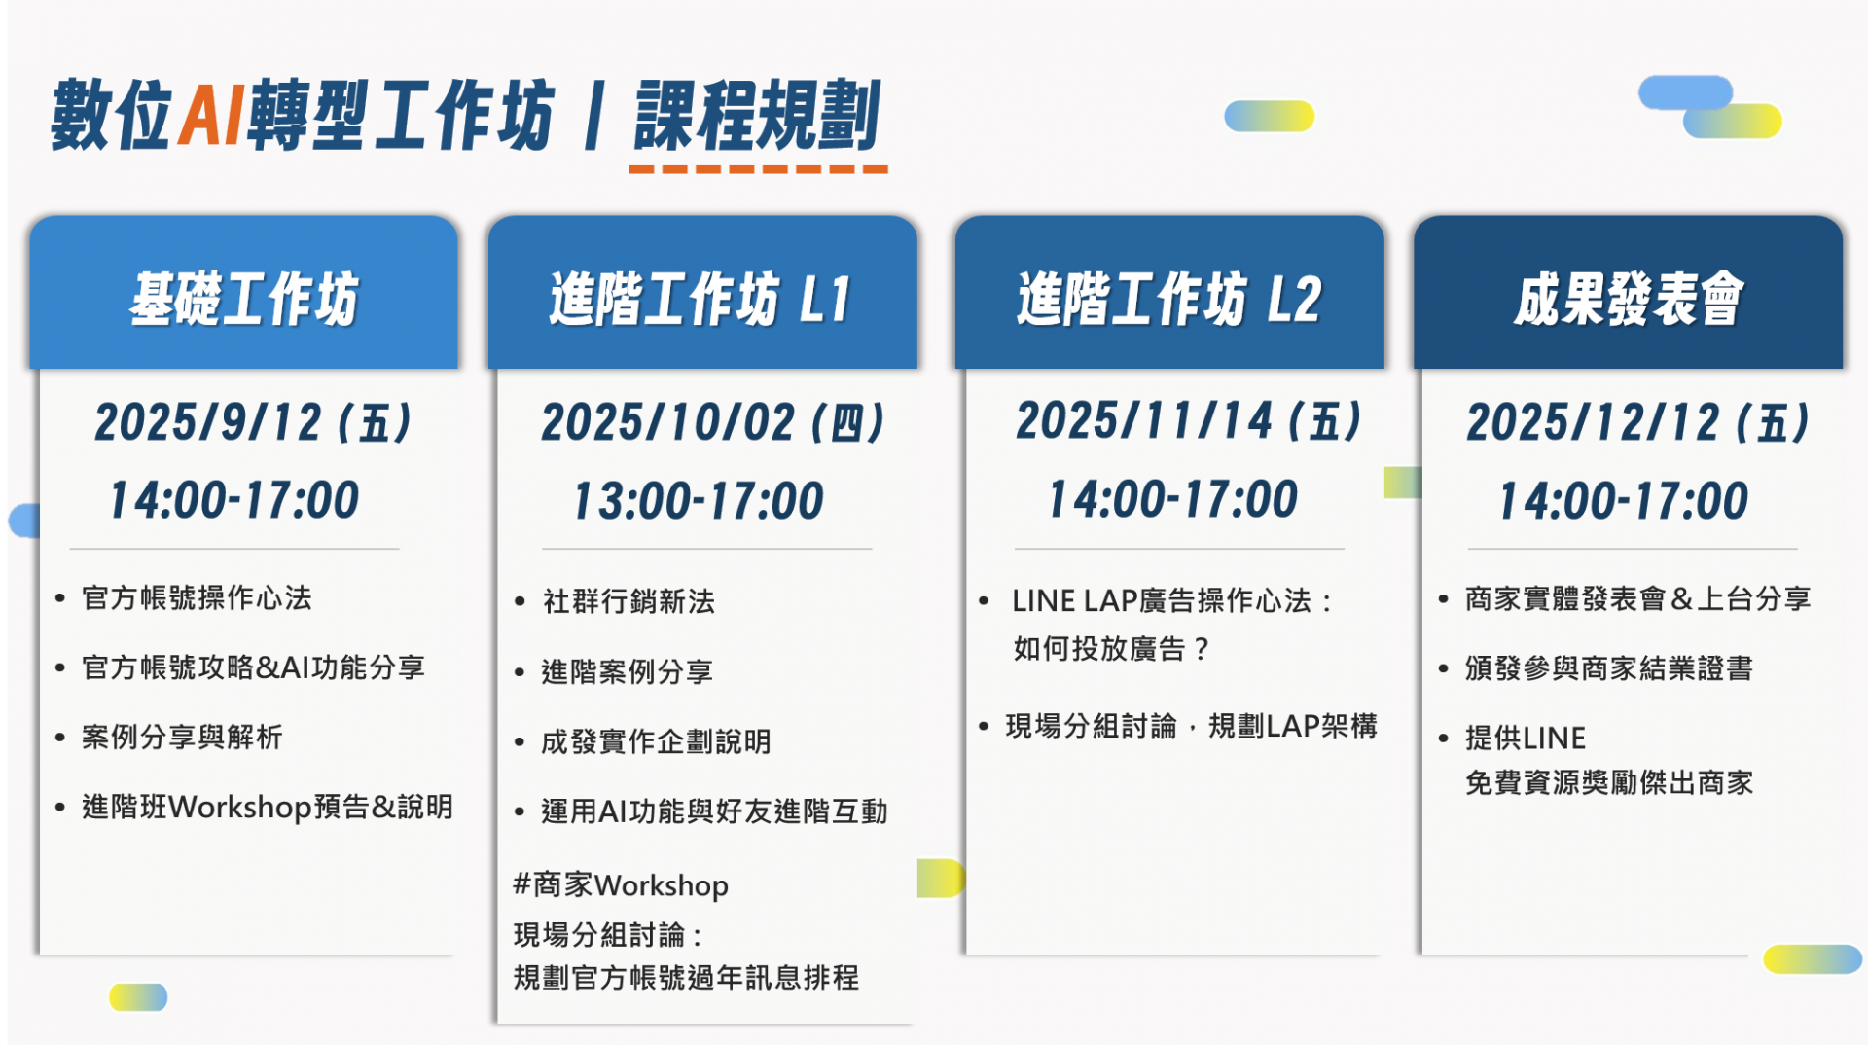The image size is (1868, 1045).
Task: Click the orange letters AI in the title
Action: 210,115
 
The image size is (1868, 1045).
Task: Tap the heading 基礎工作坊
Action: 244,299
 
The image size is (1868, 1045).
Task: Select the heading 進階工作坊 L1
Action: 700,299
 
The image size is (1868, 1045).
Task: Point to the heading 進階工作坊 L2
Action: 1169,299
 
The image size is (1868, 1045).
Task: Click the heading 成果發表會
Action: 1629,299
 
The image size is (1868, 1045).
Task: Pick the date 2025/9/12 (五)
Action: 253,423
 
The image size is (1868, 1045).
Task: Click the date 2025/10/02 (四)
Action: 713,423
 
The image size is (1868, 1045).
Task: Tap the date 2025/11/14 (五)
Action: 1188,421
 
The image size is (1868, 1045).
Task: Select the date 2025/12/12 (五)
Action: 1638,423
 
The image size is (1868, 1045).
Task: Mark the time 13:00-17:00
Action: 699,501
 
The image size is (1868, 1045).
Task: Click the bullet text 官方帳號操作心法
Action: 198,597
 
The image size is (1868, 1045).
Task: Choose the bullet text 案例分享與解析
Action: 183,737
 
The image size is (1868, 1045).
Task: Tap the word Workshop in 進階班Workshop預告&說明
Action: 240,807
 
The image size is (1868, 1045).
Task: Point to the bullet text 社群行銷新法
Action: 629,601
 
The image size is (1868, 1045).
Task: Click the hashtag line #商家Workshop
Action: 621,884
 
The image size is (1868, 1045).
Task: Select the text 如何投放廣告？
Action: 1112,648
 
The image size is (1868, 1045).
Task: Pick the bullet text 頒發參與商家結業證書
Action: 1609,668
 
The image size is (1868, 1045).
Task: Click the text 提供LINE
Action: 1526,738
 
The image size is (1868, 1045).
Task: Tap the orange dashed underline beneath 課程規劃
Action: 758,169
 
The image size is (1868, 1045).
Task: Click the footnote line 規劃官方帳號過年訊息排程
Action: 686,977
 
